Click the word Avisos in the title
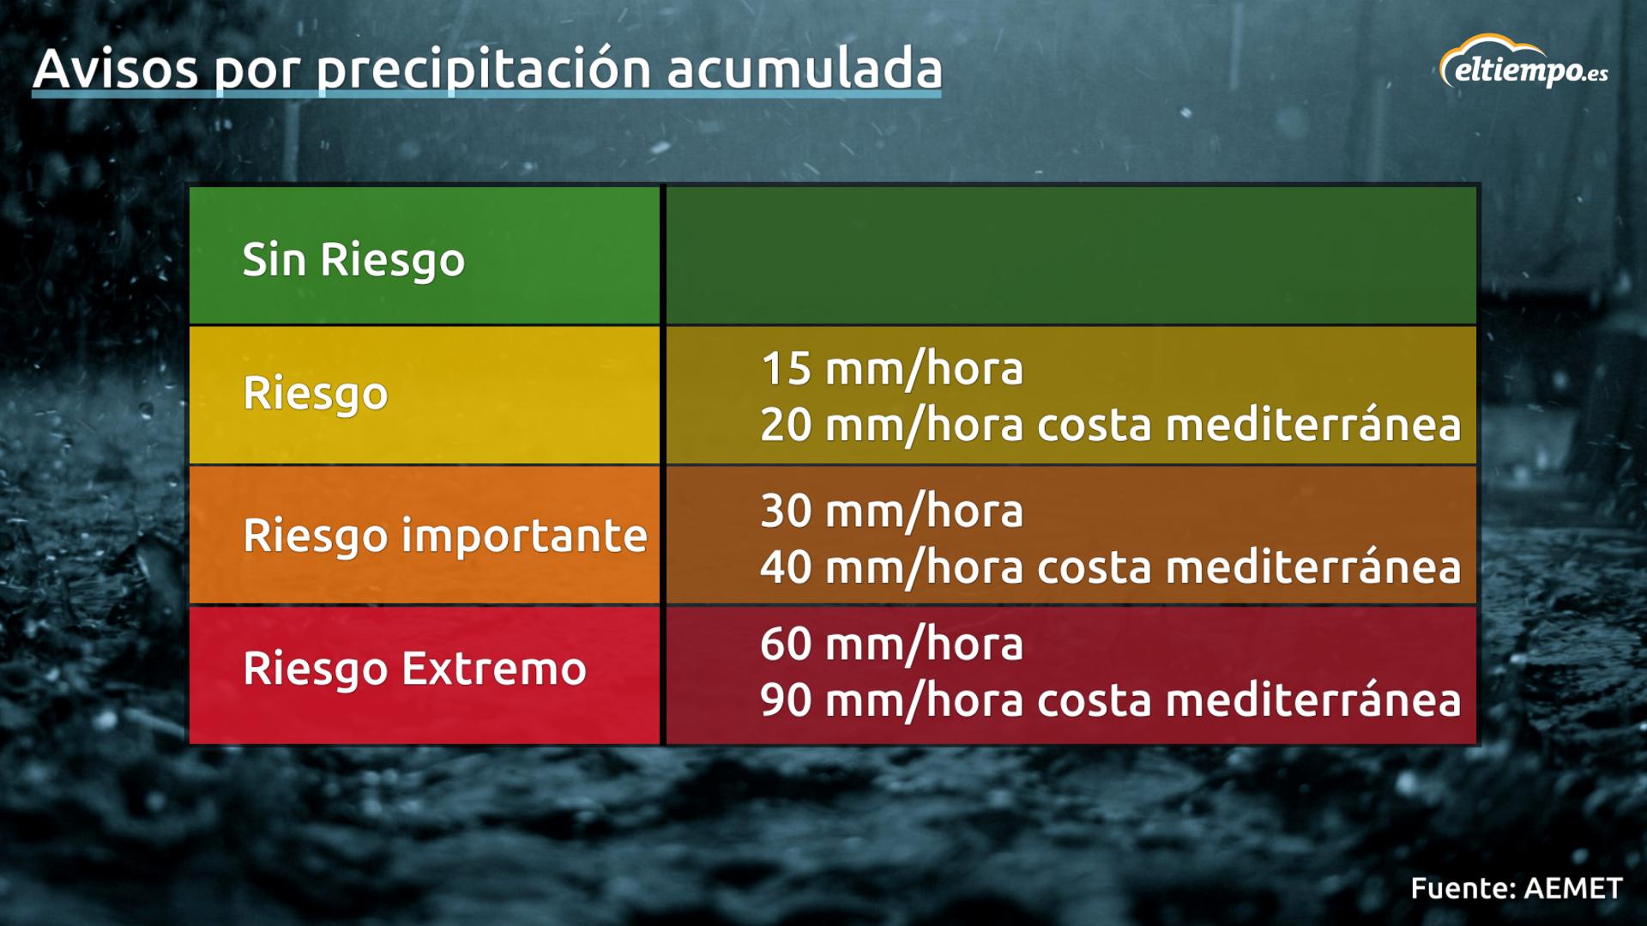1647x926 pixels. point(115,69)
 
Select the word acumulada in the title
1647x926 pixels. point(804,69)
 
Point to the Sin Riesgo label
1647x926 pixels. point(353,259)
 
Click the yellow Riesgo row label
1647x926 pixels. point(315,394)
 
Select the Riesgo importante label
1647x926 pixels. point(444,536)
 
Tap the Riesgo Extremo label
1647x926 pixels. point(414,669)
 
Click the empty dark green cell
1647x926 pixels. point(1071,255)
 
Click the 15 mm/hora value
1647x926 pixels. point(891,369)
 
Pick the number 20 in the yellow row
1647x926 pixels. point(785,425)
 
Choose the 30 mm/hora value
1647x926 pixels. point(891,511)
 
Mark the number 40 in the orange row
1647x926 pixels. point(785,567)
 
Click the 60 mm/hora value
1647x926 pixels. point(891,645)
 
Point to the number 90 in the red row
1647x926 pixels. point(785,700)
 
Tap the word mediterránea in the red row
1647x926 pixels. point(1312,700)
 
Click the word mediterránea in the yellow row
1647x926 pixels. point(1312,425)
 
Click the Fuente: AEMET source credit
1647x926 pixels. point(1516,888)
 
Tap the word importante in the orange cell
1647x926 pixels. point(524,536)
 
